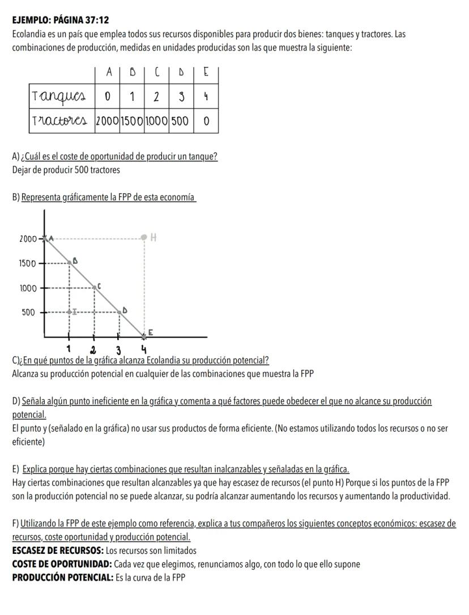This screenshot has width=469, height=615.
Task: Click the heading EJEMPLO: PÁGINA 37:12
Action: click(60, 20)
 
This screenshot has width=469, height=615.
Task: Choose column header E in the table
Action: click(206, 72)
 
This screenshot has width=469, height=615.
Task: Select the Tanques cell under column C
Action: click(157, 96)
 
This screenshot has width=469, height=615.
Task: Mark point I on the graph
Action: click(70, 311)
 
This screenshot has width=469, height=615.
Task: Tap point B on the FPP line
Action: click(70, 262)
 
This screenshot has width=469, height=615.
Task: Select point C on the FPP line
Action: click(95, 287)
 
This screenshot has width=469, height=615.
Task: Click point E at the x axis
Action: click(144, 336)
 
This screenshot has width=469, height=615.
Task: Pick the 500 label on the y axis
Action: click(28, 312)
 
